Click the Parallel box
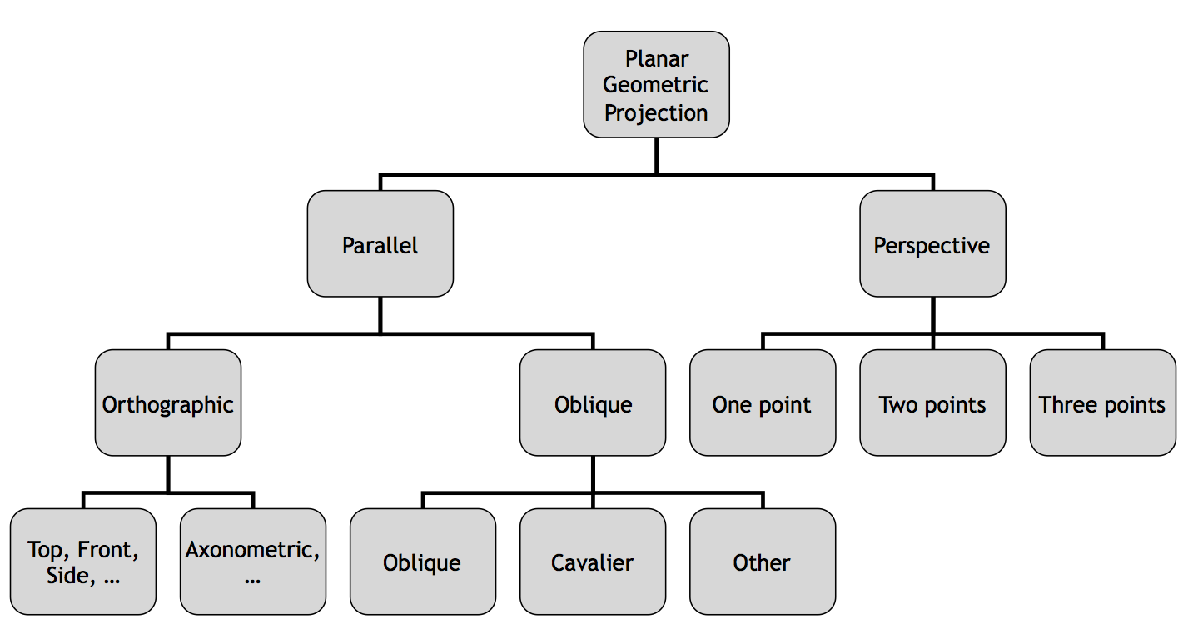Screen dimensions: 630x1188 point(380,244)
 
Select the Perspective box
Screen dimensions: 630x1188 point(932,244)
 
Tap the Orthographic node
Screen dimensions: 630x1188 point(167,403)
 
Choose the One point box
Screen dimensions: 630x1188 point(762,403)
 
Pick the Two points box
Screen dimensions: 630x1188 point(932,403)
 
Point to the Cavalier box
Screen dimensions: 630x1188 point(592,562)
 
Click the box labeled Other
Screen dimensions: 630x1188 point(762,562)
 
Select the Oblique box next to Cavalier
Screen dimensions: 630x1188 point(422,562)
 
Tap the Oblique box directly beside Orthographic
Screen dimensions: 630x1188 point(592,403)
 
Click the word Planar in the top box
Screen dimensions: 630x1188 point(656,59)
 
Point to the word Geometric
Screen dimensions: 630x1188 point(656,85)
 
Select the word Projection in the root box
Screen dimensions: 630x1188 point(656,112)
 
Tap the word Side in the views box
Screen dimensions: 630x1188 point(67,576)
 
